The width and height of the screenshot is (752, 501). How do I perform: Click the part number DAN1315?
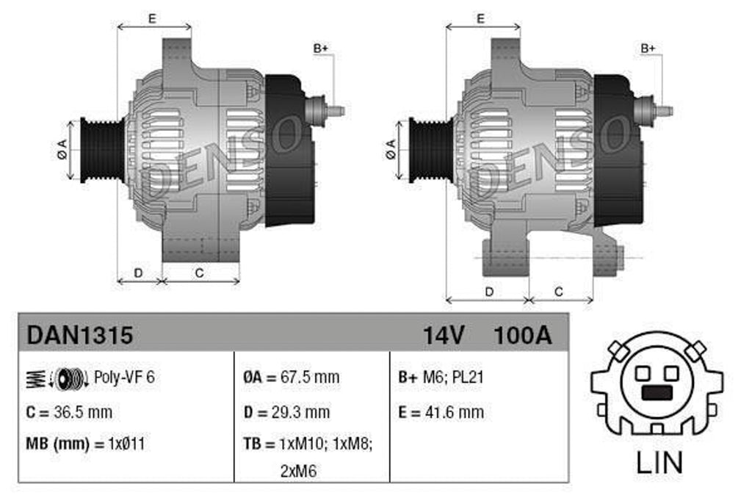[80, 336]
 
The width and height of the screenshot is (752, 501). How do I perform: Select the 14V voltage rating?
[443, 336]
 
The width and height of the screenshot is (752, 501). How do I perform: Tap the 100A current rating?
[522, 336]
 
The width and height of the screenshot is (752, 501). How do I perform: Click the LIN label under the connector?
[658, 463]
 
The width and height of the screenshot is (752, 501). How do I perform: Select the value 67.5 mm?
[311, 378]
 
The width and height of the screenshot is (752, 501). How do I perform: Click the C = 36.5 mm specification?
[69, 412]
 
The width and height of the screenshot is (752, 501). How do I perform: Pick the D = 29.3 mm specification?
[286, 412]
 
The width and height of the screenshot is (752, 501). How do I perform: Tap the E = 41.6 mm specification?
[441, 412]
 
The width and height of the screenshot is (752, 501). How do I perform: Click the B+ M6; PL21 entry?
[441, 378]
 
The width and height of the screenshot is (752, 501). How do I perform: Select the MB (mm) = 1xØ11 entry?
[87, 444]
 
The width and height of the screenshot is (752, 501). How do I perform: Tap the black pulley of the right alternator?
[424, 150]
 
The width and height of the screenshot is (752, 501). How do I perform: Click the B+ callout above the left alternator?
[320, 48]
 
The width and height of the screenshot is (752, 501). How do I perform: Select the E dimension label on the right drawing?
[480, 19]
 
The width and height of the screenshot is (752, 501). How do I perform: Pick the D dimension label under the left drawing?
[138, 273]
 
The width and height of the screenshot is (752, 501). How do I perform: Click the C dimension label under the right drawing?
[558, 292]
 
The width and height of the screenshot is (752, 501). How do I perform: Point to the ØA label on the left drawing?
[62, 151]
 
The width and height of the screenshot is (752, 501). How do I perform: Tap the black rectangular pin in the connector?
[657, 393]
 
